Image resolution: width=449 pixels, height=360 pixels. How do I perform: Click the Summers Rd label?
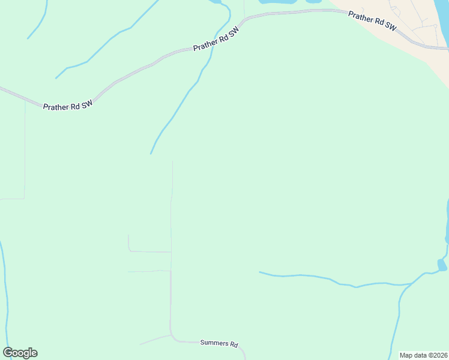[219, 344]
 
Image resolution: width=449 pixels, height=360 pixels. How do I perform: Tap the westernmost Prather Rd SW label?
[68, 104]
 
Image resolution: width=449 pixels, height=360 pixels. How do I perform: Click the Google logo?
[20, 353]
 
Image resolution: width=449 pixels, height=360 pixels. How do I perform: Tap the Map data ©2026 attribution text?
[423, 355]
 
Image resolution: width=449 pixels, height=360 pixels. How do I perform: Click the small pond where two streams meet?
[442, 265]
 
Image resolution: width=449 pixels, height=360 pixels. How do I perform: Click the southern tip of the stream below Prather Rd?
[151, 154]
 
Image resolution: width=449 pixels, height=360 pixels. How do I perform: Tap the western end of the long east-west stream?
[260, 272]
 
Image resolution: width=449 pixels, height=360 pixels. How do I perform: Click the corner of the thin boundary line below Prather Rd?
[24, 198]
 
